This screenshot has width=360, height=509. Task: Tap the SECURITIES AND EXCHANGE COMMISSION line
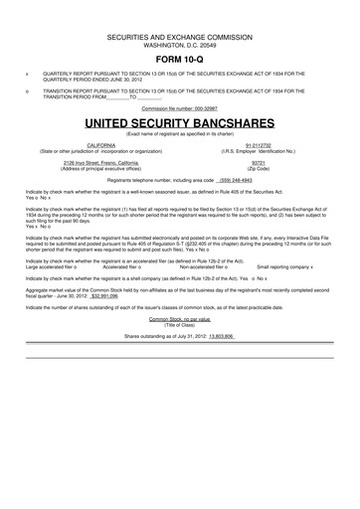179,35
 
